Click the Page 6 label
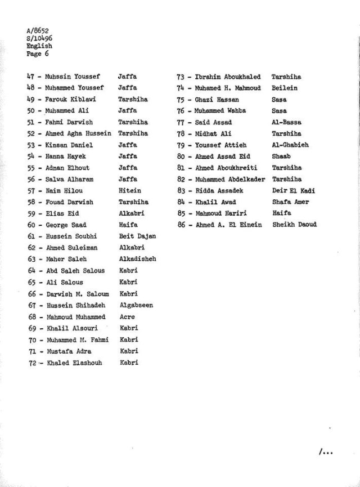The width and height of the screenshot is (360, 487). (x=37, y=54)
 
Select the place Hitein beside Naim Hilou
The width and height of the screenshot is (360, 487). (x=130, y=191)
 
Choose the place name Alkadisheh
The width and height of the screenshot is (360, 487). (x=138, y=259)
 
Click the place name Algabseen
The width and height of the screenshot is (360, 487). (x=136, y=305)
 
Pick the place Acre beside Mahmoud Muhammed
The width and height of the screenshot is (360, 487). (x=127, y=316)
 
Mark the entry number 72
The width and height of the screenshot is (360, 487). (x=33, y=362)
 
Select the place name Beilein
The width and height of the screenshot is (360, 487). (x=286, y=88)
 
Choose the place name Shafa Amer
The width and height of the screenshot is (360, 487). (x=290, y=202)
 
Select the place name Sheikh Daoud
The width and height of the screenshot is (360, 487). (x=294, y=225)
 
